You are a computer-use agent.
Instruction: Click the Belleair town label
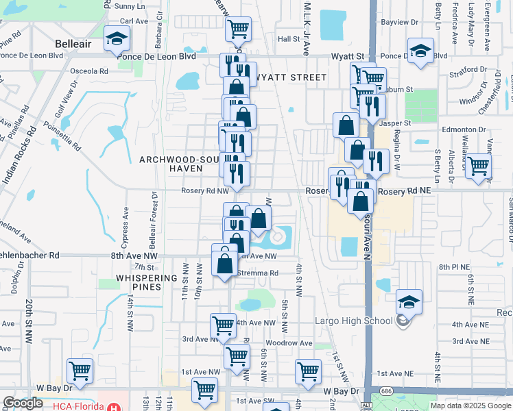point(73,44)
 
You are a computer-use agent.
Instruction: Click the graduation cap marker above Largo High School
point(409,301)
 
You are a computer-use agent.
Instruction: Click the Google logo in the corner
point(23,403)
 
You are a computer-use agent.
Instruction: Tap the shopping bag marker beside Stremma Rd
point(225,262)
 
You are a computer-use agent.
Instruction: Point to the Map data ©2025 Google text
point(470,405)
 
